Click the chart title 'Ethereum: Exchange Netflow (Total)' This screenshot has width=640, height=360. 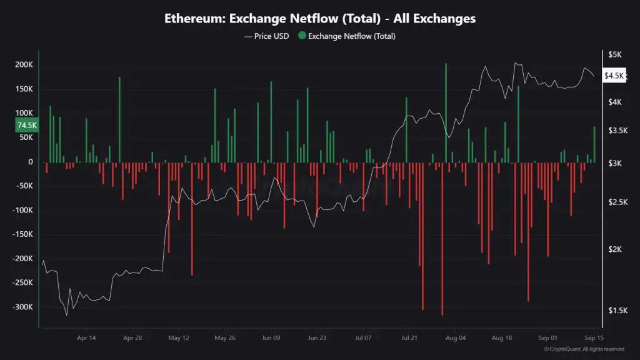[x=319, y=18]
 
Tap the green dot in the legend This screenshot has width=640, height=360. [x=302, y=36]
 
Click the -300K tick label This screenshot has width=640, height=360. [x=22, y=307]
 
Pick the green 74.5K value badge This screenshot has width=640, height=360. [x=26, y=125]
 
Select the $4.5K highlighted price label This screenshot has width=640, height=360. [x=614, y=76]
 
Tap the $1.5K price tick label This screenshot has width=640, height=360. [x=617, y=311]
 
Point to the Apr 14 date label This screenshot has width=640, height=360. [x=86, y=338]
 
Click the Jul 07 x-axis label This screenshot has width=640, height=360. [x=363, y=338]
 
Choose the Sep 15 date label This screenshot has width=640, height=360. [x=593, y=338]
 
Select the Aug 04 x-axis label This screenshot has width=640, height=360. [x=456, y=338]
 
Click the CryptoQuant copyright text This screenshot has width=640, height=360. [x=584, y=349]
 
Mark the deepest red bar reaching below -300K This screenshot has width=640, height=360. [x=442, y=250]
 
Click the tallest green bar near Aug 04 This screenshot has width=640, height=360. [x=446, y=112]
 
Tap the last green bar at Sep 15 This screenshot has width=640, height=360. [x=594, y=144]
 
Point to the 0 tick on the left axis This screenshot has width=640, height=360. [x=31, y=162]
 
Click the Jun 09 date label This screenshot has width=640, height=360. [x=271, y=338]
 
